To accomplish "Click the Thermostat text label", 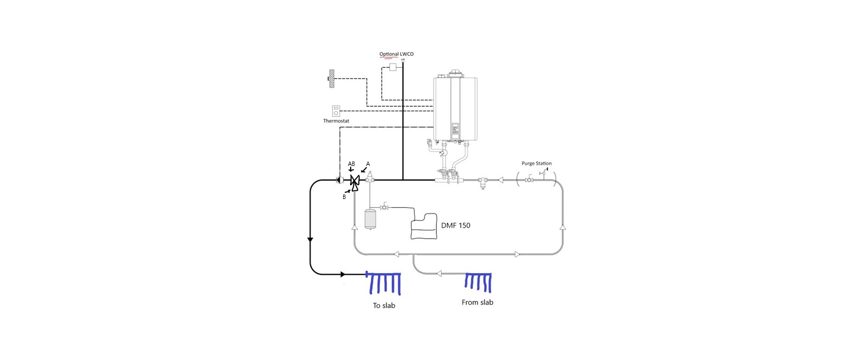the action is [336, 121].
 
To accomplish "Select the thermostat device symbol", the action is [336, 111].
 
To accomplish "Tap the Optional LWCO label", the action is [396, 54].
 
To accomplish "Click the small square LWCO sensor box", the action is [393, 67].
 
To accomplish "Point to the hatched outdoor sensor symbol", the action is [331, 79].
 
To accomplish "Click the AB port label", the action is [351, 164].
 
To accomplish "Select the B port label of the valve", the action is [344, 197].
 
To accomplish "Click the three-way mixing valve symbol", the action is [355, 182].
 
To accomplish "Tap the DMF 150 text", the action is [456, 226].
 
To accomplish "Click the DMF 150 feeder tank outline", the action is [424, 226].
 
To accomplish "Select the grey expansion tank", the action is [370, 219].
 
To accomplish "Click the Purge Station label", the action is [537, 163].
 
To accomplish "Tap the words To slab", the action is [384, 306].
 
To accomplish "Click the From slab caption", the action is [477, 303].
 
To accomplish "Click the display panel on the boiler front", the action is [455, 131].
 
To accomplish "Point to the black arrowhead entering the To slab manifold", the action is [343, 275].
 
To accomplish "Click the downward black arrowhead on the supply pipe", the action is [309, 240].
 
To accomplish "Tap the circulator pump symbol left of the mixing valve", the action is [340, 180].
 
